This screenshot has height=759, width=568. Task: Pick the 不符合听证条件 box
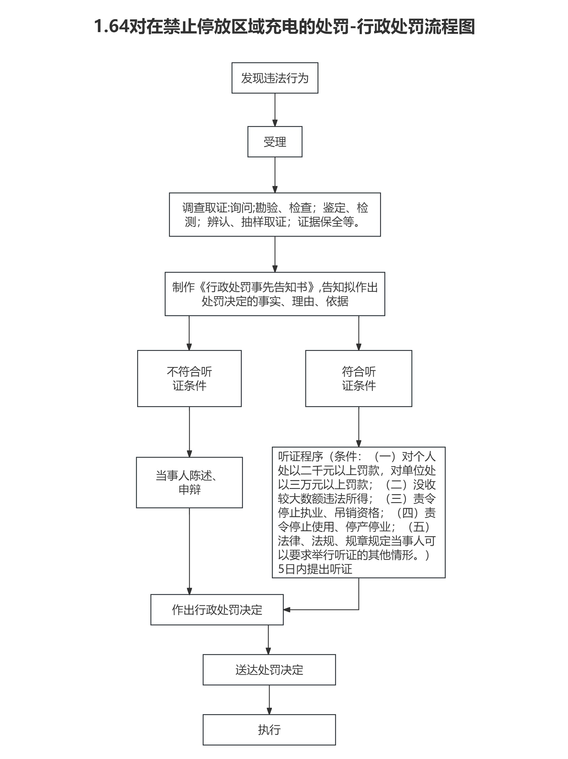tap(189, 379)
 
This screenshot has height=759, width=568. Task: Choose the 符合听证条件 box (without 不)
tap(358, 379)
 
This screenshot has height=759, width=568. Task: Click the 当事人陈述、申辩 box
tap(189, 482)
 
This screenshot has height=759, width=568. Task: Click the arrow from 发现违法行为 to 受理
tap(275, 110)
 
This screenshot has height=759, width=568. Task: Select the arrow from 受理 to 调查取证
tap(275, 175)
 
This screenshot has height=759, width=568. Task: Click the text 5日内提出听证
tap(315, 569)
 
